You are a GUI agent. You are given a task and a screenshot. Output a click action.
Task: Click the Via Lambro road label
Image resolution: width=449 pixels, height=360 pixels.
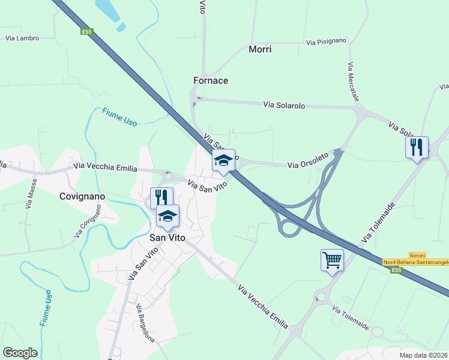click(22, 38)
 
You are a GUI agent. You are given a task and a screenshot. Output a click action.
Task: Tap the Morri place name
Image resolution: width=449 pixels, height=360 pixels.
click(260, 49)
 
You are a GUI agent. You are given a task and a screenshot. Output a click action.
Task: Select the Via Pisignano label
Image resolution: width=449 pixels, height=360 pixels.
click(326, 42)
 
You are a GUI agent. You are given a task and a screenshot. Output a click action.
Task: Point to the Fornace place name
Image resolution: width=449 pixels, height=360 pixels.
click(211, 80)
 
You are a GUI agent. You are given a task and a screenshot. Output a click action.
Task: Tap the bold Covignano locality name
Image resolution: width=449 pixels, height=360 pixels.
click(82, 196)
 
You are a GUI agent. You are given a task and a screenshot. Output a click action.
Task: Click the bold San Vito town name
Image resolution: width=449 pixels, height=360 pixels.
click(167, 238)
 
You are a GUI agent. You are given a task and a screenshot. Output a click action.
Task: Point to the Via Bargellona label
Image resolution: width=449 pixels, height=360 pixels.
click(145, 324)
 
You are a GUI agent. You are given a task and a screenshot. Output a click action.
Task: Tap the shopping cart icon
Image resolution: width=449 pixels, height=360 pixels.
click(332, 260)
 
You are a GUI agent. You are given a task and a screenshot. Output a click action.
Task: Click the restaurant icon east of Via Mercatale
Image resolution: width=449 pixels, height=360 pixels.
click(417, 147)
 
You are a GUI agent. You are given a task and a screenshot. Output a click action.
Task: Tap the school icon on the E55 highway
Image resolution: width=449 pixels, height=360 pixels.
click(223, 160)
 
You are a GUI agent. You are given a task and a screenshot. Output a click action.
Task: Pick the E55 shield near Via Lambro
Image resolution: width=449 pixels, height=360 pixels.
click(87, 32)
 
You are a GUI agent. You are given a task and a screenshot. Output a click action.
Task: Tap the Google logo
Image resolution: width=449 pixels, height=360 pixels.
click(20, 353)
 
